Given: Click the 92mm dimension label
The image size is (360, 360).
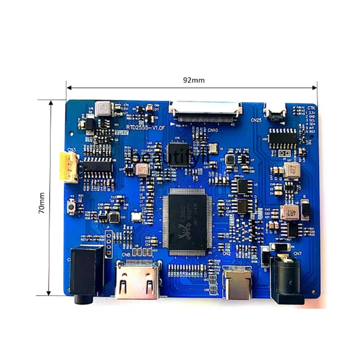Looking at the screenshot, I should click(193, 80).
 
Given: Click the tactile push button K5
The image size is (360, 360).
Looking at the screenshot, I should click(71, 207).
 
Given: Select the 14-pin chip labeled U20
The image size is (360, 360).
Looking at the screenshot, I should click(283, 138).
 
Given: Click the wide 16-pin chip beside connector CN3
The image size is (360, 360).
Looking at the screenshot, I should click(96, 167).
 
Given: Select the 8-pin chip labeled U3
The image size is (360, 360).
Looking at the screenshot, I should click(243, 186).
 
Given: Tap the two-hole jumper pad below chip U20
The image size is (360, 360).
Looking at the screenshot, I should click(283, 153).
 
